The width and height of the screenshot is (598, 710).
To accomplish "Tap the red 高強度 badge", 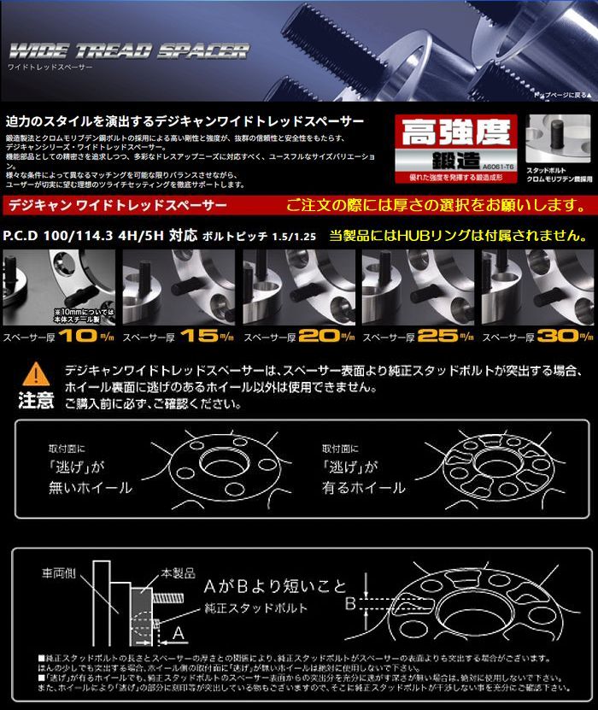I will coord(455,132).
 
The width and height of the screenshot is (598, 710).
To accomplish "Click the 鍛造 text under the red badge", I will coord(457,159).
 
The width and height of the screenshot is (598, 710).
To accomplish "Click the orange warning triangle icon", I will coord(35,373).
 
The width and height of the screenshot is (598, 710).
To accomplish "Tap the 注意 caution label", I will coord(35,398).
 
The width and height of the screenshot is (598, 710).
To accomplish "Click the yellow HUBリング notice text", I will coord(458,234).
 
